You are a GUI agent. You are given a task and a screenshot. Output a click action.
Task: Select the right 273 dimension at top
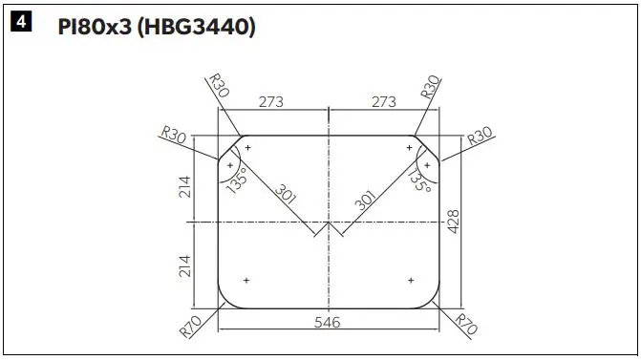click(383, 100)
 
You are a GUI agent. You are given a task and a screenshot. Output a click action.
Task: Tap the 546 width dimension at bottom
click(329, 323)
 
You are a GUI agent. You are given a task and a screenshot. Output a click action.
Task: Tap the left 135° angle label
click(236, 179)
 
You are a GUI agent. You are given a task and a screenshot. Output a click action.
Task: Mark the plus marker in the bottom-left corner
click(246, 280)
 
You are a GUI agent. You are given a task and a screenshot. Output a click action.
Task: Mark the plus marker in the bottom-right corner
click(411, 280)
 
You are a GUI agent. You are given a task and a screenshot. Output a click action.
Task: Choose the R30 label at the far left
click(174, 137)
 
